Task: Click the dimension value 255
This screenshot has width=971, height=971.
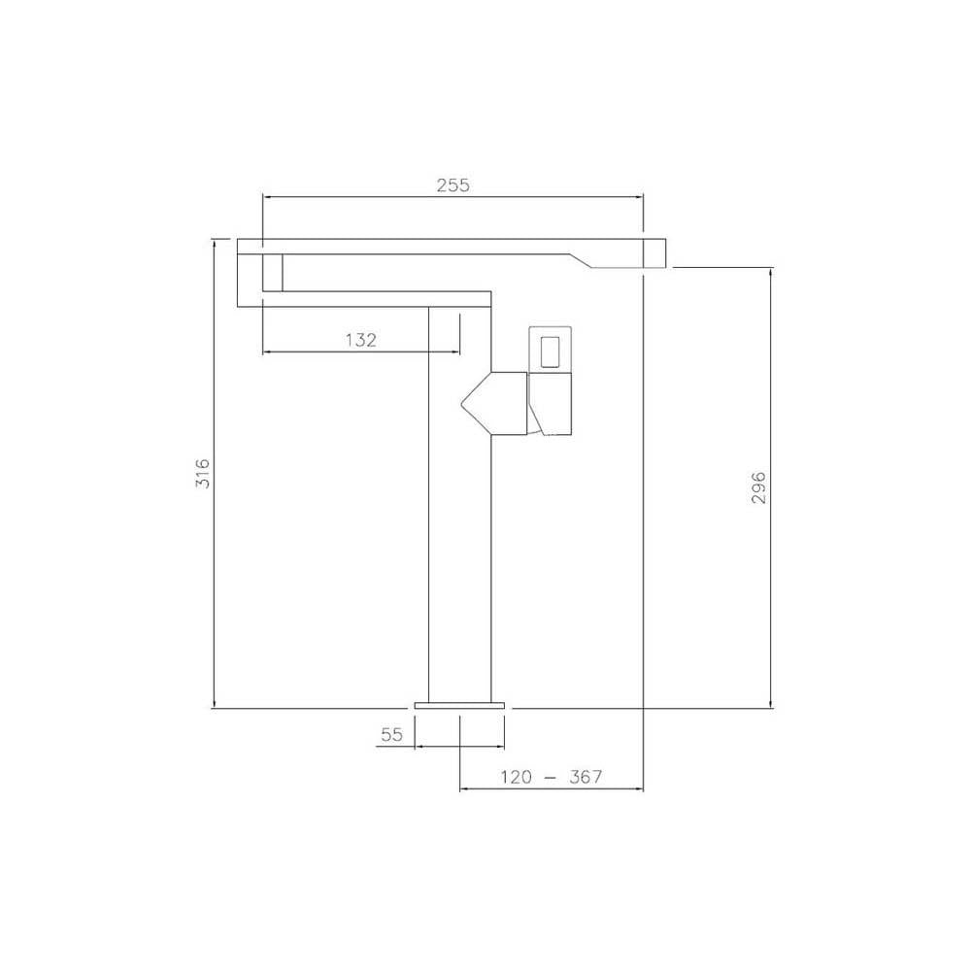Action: click(452, 184)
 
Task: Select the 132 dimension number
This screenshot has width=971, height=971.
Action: click(360, 339)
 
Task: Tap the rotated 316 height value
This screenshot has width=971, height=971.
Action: click(202, 473)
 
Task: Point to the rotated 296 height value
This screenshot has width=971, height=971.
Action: click(759, 486)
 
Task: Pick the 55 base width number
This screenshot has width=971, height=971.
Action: click(391, 735)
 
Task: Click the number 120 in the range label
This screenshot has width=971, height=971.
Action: click(518, 777)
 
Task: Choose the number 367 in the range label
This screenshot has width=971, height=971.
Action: click(586, 777)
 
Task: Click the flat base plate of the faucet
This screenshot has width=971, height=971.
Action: click(460, 704)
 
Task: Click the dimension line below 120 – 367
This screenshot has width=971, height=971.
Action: click(551, 789)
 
